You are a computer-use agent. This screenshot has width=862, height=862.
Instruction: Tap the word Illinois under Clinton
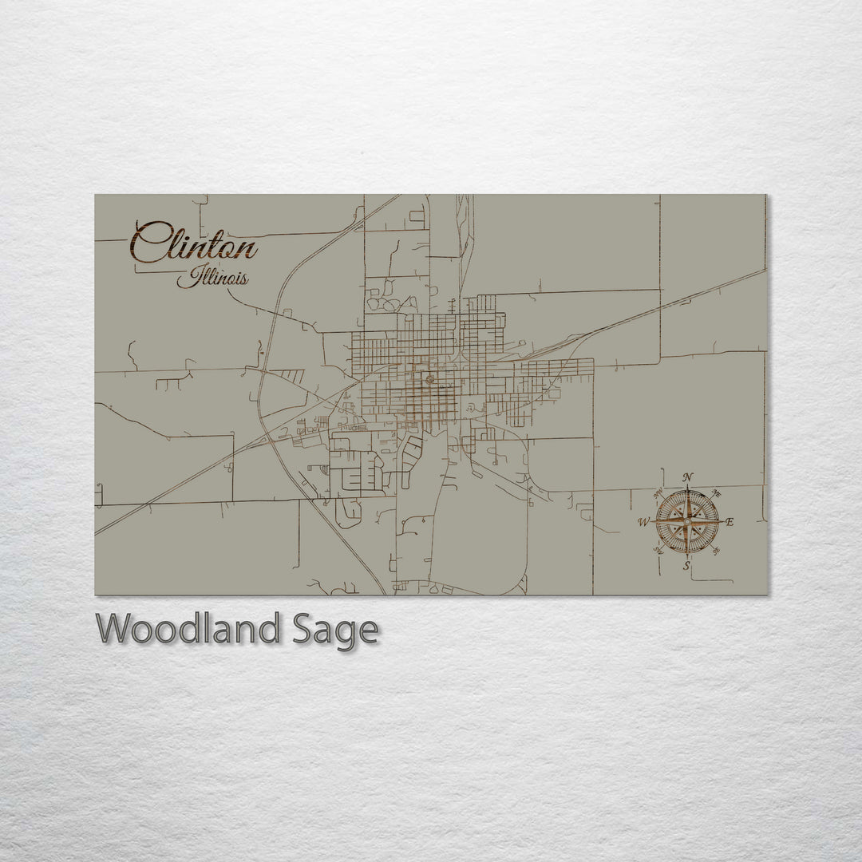coord(212,278)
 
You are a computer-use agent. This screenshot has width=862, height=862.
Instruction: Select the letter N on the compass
coord(688,478)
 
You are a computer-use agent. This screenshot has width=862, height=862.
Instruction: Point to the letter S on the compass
coord(686,566)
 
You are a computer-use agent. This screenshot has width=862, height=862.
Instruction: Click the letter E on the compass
coord(730,522)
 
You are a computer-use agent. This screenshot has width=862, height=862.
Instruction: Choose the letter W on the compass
coord(643,523)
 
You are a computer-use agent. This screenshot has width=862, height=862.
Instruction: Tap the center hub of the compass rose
coord(686,522)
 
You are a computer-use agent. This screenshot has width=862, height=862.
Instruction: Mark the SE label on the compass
coord(715,552)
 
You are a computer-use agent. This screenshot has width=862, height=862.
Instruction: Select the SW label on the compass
coord(658,551)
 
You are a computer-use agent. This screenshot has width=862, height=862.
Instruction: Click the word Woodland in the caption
coord(188,630)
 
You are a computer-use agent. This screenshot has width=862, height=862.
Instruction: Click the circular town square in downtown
coord(429,380)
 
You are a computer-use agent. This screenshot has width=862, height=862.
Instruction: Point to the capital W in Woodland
coord(113,630)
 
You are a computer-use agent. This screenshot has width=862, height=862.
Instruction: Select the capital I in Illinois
coord(184,278)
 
